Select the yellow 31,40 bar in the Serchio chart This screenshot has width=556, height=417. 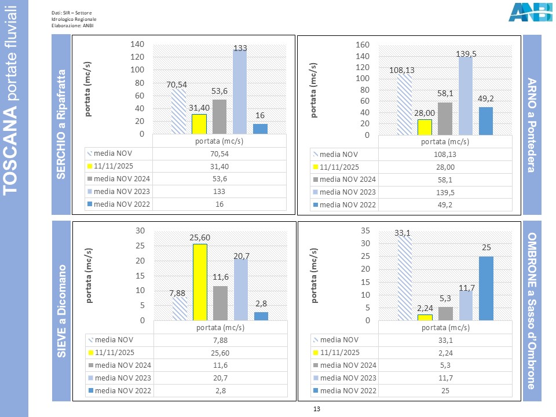[x=199, y=124]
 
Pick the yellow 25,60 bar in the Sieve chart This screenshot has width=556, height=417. [x=199, y=282]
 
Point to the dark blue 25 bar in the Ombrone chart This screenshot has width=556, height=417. [x=485, y=288]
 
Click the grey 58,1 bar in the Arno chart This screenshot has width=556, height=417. [x=445, y=118]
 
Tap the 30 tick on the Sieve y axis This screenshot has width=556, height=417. [x=139, y=230]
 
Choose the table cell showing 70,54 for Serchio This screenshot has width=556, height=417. [x=219, y=154]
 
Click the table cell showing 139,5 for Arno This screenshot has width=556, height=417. [x=444, y=192]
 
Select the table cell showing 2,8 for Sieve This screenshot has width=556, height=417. [x=219, y=391]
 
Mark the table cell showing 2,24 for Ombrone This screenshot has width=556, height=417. [x=444, y=352]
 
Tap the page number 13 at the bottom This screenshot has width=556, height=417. [x=316, y=409]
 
